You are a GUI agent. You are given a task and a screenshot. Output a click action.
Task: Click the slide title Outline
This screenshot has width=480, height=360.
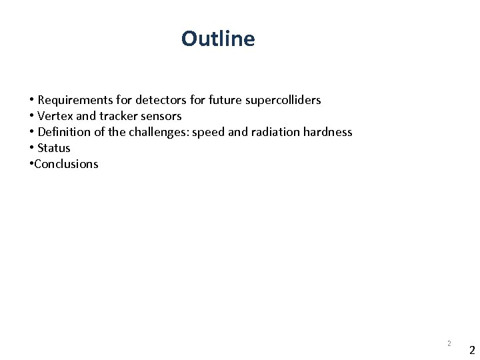tap(217, 39)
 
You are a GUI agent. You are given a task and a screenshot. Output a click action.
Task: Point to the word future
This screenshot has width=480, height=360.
tap(225, 100)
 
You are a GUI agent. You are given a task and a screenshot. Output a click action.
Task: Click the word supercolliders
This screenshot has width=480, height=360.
tap(283, 101)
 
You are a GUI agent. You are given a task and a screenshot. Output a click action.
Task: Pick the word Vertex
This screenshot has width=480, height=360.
tap(55, 116)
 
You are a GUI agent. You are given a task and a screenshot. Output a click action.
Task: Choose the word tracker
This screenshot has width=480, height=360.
tap(119, 116)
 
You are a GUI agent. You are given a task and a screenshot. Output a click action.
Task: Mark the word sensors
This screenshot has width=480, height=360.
tap(160, 116)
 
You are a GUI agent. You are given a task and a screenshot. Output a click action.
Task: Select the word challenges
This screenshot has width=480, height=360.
tap(159, 132)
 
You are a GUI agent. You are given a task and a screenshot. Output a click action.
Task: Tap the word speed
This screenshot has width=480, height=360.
tap(207, 133)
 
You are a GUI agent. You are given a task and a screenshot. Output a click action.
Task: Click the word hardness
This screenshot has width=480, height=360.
tap(327, 132)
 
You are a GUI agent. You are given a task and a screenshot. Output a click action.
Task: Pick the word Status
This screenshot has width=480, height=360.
tap(53, 148)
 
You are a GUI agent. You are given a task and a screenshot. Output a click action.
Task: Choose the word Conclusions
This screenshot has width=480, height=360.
tap(66, 164)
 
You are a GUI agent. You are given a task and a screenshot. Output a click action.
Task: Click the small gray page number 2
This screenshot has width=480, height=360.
tap(449, 343)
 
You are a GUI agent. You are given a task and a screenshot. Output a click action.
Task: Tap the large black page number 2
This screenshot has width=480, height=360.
tap(471, 350)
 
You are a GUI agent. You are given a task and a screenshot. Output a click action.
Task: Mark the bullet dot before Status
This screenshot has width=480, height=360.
tap(31, 148)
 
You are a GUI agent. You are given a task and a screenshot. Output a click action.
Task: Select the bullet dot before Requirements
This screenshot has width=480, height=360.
tap(31, 100)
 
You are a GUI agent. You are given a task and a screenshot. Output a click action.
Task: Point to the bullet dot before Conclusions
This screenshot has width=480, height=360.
tap(31, 164)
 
